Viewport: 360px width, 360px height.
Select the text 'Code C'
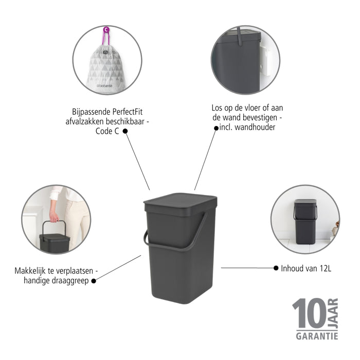107,131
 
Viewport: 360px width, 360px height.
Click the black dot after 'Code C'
125,131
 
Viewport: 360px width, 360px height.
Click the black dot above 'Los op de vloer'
216,130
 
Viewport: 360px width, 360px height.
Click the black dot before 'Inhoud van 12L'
276,268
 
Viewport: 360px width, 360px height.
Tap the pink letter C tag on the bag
105,30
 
